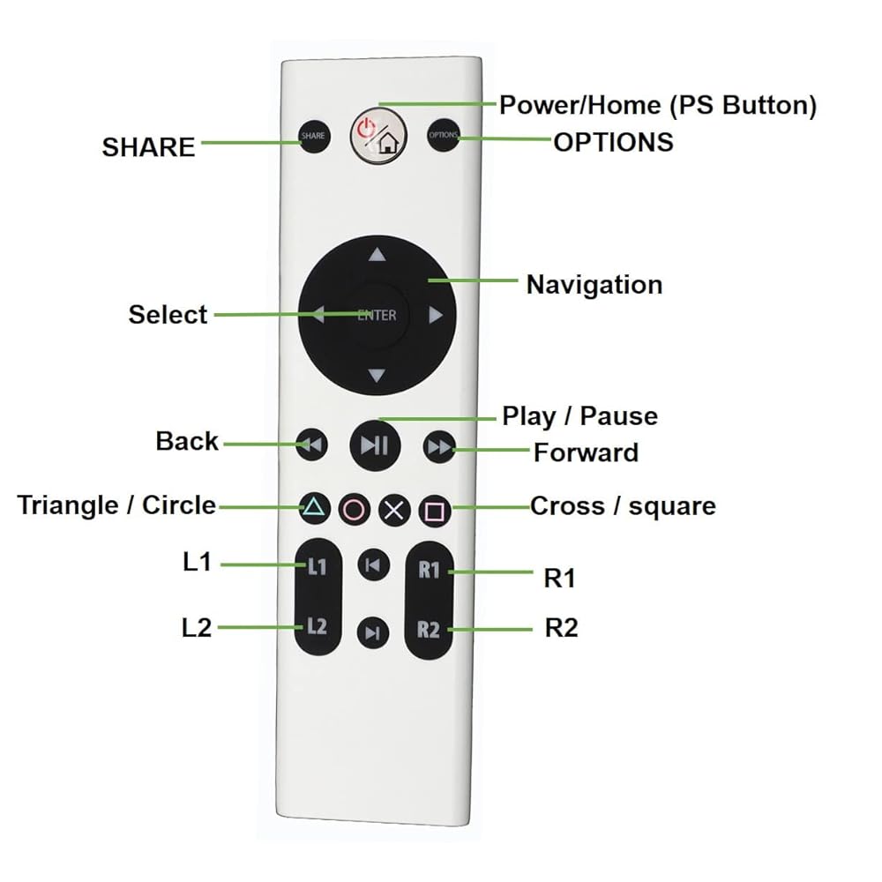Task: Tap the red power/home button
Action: point(377,136)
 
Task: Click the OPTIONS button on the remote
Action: point(444,136)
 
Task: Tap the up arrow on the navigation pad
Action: point(377,256)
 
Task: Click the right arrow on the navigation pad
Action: point(435,315)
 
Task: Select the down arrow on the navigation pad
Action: point(377,376)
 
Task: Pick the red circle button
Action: point(354,510)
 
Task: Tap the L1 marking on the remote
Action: point(317,566)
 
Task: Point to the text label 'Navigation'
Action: point(594,285)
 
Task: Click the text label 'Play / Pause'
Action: point(579,415)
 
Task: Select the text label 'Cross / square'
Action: point(622,506)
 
